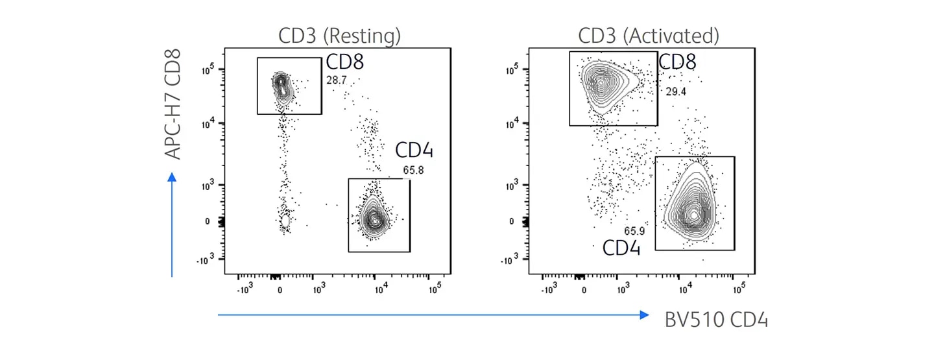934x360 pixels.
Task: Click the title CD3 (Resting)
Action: pos(339,36)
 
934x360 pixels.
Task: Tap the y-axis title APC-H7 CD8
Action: pos(173,107)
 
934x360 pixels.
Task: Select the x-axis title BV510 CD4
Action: pos(716,320)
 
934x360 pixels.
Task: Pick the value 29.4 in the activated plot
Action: pos(676,92)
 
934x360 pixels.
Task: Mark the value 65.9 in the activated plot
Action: pos(635,231)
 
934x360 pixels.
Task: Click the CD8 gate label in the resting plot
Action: pos(344,62)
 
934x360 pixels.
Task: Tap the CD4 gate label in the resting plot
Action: pos(414,151)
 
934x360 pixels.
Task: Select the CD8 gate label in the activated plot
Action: pos(677,62)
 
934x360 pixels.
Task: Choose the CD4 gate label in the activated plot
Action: pos(621,248)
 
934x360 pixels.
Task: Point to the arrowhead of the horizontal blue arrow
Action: pos(643,315)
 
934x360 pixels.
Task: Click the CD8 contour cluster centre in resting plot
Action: pos(281,84)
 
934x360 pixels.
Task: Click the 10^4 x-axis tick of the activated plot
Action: pos(682,287)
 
